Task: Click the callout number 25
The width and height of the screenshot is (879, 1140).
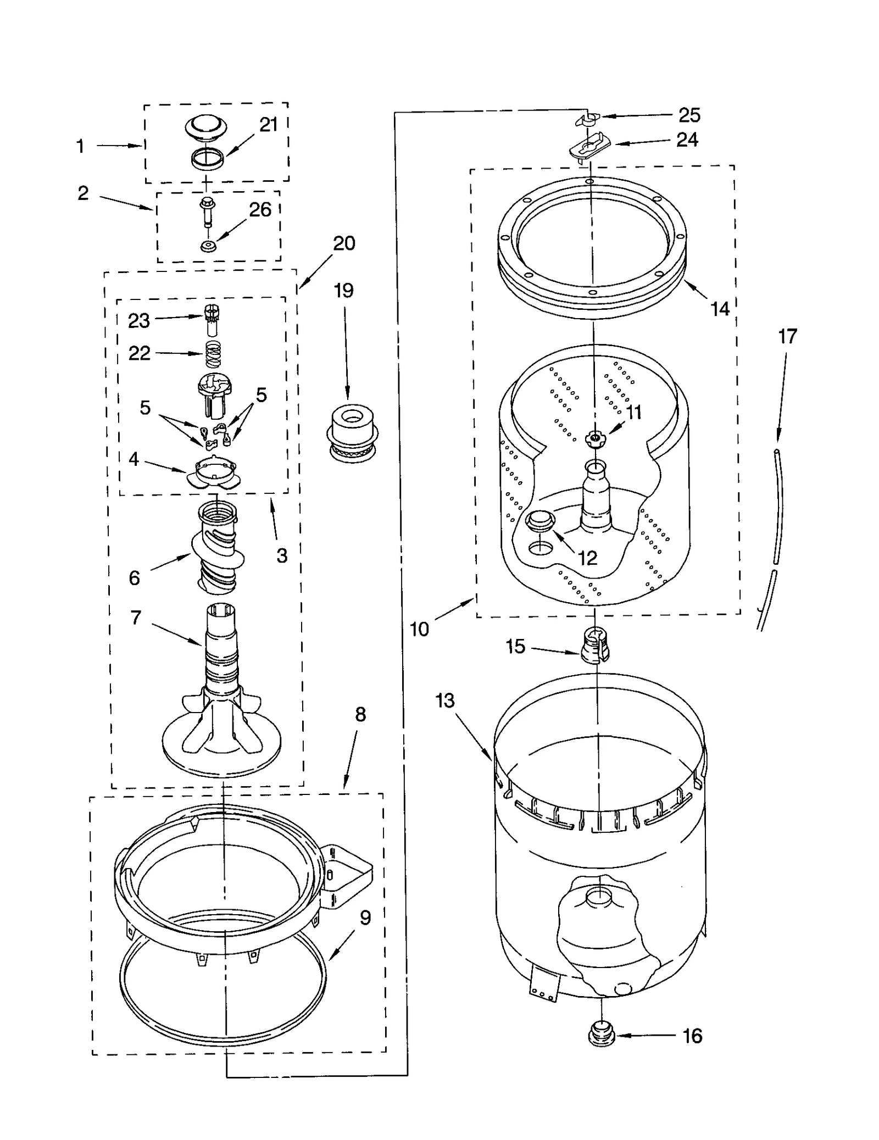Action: tap(689, 115)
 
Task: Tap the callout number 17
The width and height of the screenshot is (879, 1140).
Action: tap(787, 336)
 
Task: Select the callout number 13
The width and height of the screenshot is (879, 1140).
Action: tap(445, 700)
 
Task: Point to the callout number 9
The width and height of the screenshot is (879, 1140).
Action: tap(365, 917)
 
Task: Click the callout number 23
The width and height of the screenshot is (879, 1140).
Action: tap(138, 320)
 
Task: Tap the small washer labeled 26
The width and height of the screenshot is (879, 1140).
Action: tap(208, 246)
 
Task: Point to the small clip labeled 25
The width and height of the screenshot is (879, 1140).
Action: tap(587, 118)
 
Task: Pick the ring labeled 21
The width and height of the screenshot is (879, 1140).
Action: tap(208, 159)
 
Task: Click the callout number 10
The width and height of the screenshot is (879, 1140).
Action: tap(419, 629)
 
